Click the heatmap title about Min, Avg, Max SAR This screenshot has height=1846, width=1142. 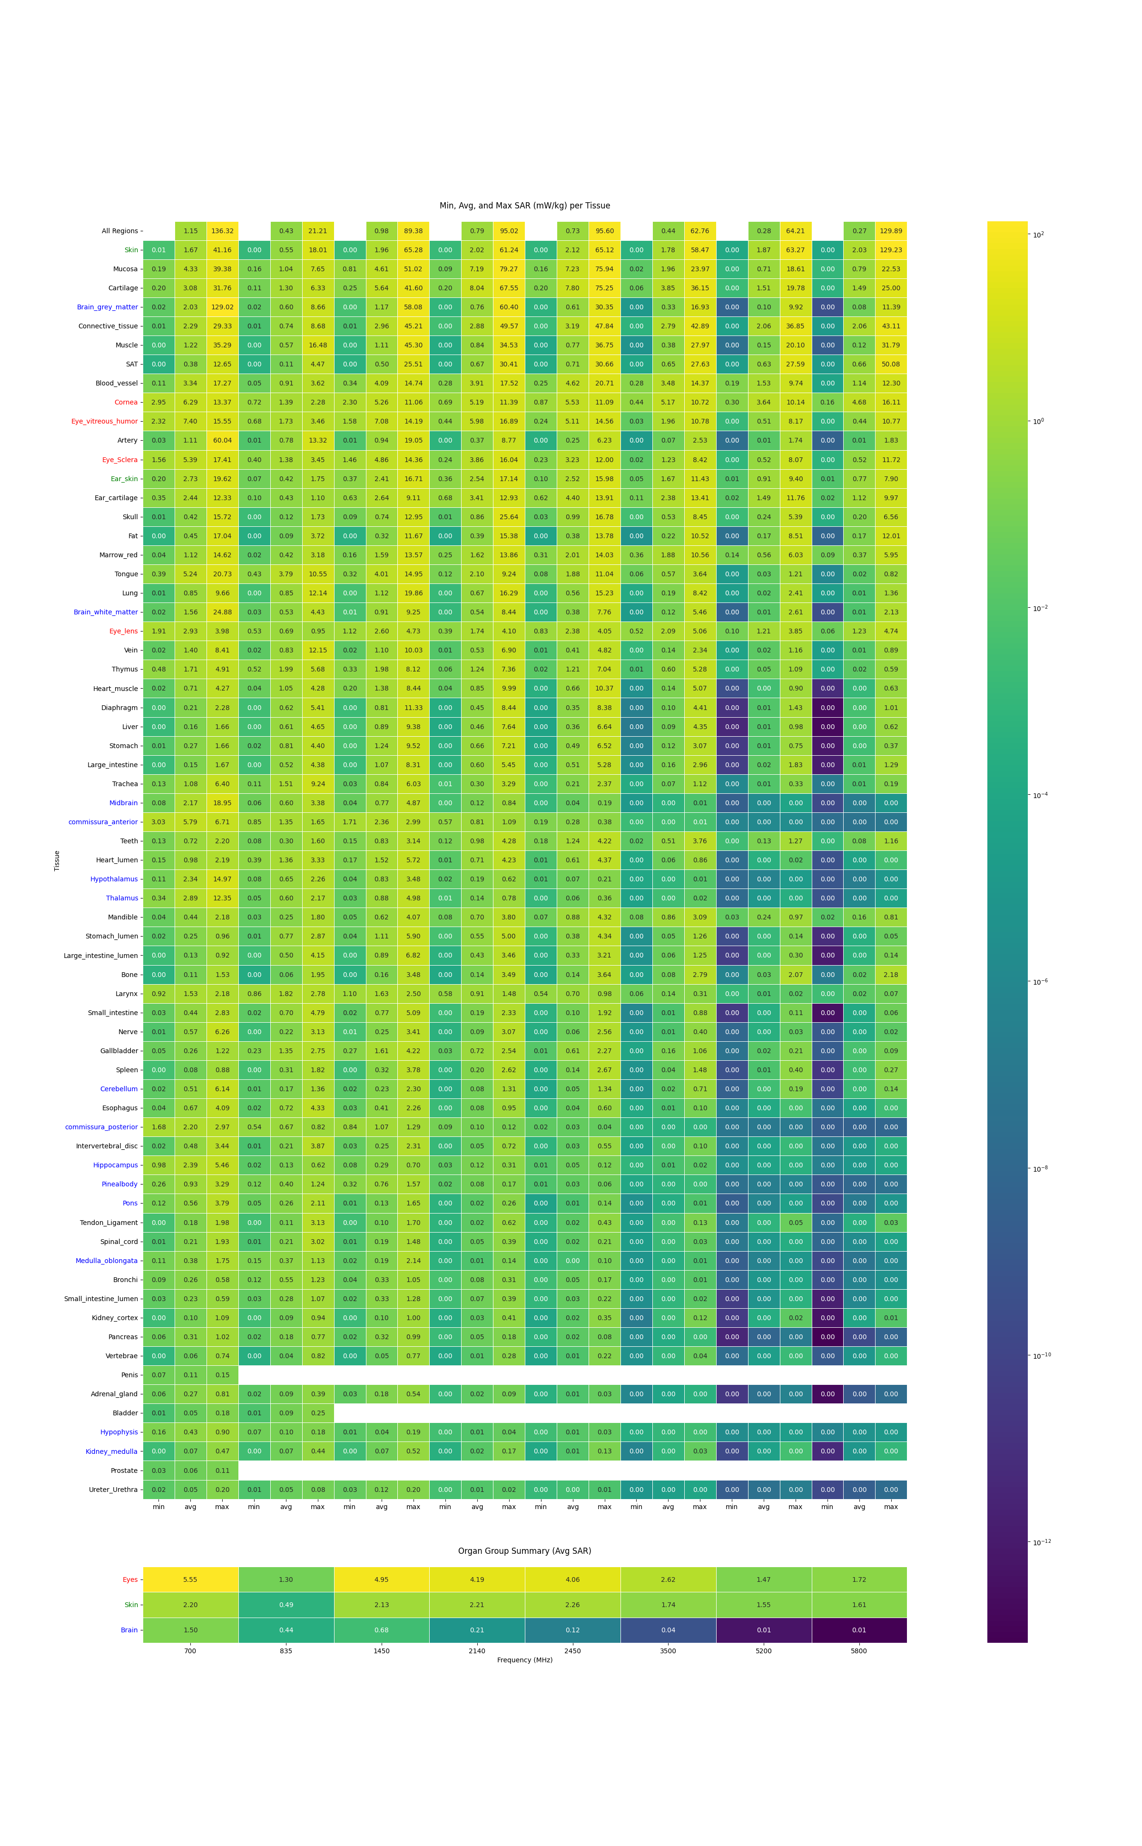coord(524,206)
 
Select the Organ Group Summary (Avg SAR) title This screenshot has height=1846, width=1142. coord(524,1550)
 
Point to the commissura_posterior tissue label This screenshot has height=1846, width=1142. coord(101,1127)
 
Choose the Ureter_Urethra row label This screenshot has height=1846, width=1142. coord(113,1490)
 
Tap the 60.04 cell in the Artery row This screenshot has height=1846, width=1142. coord(222,440)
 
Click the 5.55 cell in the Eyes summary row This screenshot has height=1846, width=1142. coord(190,1579)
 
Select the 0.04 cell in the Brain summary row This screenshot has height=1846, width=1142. coord(668,1630)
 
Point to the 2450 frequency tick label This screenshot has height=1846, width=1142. coord(572,1651)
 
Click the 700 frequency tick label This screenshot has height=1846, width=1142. coord(190,1651)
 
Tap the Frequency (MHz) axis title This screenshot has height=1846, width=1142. coord(524,1660)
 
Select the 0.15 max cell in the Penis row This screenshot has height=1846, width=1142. coord(222,1375)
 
